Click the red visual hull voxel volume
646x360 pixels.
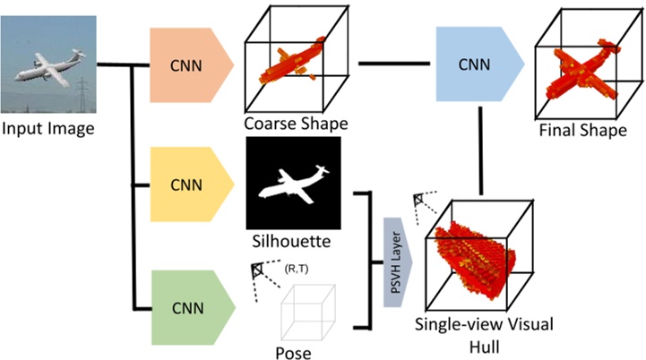(x=475, y=255)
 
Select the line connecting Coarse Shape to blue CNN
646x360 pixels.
(x=393, y=64)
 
